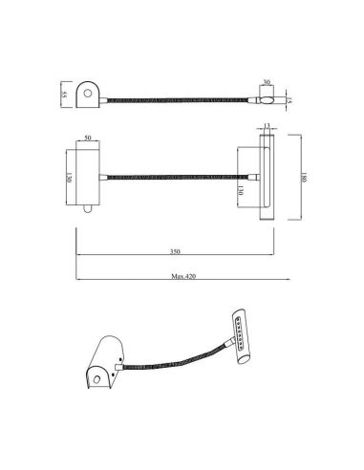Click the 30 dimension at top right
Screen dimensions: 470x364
click(267, 81)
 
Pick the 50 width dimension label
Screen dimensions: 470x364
click(89, 139)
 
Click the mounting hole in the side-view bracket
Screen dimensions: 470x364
click(90, 93)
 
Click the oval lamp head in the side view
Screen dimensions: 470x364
click(268, 97)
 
